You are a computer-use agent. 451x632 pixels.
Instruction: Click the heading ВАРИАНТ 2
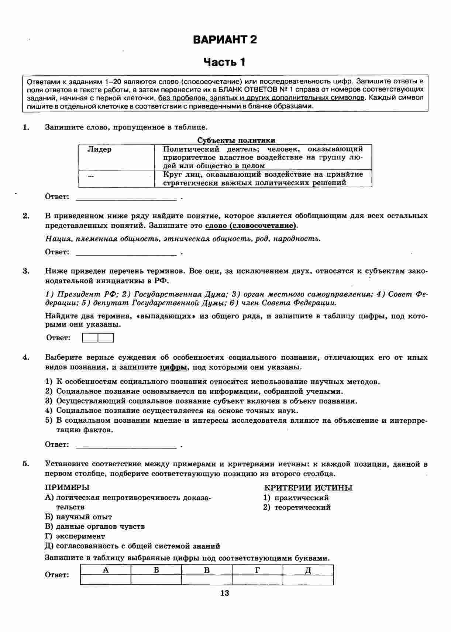coord(225,39)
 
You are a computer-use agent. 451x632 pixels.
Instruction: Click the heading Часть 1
coord(225,62)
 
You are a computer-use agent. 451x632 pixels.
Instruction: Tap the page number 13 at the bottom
coord(224,593)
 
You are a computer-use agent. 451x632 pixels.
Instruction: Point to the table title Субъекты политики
coord(236,140)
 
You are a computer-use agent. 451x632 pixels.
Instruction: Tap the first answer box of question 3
coord(90,338)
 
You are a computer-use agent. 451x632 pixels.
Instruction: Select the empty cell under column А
coord(106,580)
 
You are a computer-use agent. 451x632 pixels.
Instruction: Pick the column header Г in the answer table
coord(257,570)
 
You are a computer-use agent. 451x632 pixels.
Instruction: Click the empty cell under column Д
coord(308,580)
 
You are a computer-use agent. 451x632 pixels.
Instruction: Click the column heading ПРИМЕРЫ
coord(67,488)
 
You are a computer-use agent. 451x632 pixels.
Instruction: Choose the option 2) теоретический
coord(297,507)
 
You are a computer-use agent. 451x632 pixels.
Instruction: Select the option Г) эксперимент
coord(75,536)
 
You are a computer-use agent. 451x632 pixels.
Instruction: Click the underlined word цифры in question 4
coord(174,367)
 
